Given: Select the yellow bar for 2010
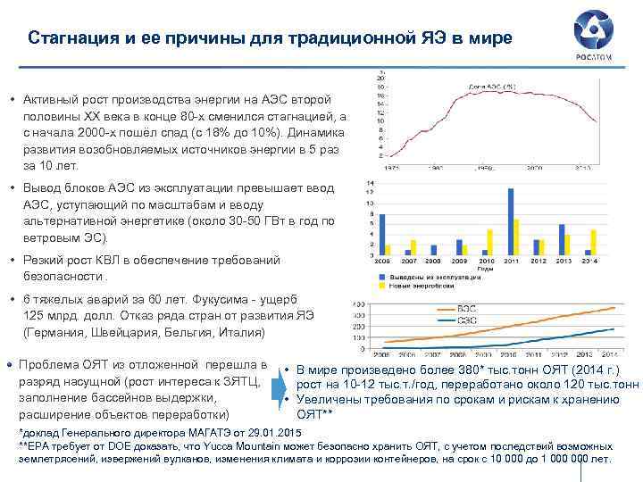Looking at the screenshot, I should (x=489, y=242).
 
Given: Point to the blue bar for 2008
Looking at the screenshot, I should (x=433, y=251).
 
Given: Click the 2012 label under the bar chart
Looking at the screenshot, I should (x=539, y=262).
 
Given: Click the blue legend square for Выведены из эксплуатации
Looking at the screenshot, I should (x=381, y=277).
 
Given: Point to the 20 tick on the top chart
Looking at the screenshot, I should (x=381, y=79).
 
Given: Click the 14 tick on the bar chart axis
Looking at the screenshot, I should (x=371, y=183).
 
